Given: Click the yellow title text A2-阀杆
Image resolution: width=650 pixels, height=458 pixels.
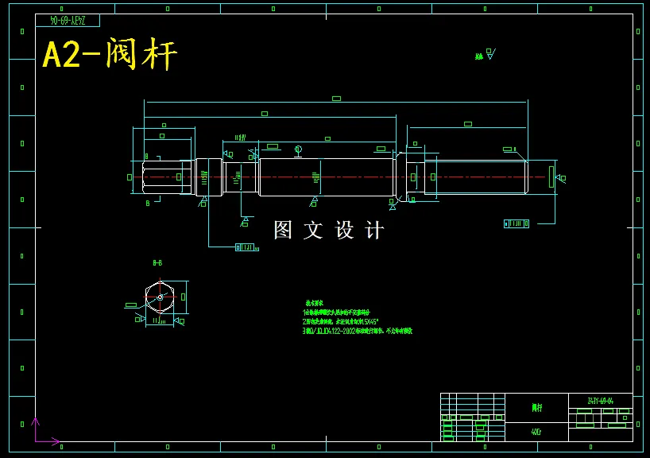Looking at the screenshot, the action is coord(110,55).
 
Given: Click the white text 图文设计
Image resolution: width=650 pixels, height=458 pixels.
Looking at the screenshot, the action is coord(328,231).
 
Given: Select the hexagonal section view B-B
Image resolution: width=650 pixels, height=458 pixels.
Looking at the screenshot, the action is coord(160,297).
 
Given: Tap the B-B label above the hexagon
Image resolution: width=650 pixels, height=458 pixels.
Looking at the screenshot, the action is coord(157,262).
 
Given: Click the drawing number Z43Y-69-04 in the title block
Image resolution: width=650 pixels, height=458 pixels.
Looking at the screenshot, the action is coord(600,401).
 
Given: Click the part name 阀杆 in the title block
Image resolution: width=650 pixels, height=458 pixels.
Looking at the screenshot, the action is coord(537,408).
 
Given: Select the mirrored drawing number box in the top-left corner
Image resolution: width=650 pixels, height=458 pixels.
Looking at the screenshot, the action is coord(67,20).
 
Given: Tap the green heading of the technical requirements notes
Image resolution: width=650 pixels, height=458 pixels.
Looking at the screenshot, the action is coord(314,303).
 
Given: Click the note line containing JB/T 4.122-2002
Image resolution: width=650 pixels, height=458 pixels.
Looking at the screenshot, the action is coord(357,331).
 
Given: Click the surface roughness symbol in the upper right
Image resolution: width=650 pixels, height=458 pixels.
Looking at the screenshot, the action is coord(486,55).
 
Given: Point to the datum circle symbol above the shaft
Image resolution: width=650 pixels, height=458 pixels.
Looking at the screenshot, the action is coord(298,149).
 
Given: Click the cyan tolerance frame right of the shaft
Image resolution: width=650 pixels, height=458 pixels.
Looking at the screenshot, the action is coord(517,223).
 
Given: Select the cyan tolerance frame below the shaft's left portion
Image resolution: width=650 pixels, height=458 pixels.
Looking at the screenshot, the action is coord(247,247).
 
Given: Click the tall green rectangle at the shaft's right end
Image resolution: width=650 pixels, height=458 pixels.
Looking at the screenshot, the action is coord(551,177).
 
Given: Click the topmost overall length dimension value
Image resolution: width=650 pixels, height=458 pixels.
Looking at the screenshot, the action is coord(336,99).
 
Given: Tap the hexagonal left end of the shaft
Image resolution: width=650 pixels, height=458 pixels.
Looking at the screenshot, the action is coord(163,177).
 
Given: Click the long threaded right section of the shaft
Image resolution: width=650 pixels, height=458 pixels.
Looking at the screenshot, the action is coord(475,177).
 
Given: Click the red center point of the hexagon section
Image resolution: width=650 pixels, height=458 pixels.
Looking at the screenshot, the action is coord(160,297).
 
